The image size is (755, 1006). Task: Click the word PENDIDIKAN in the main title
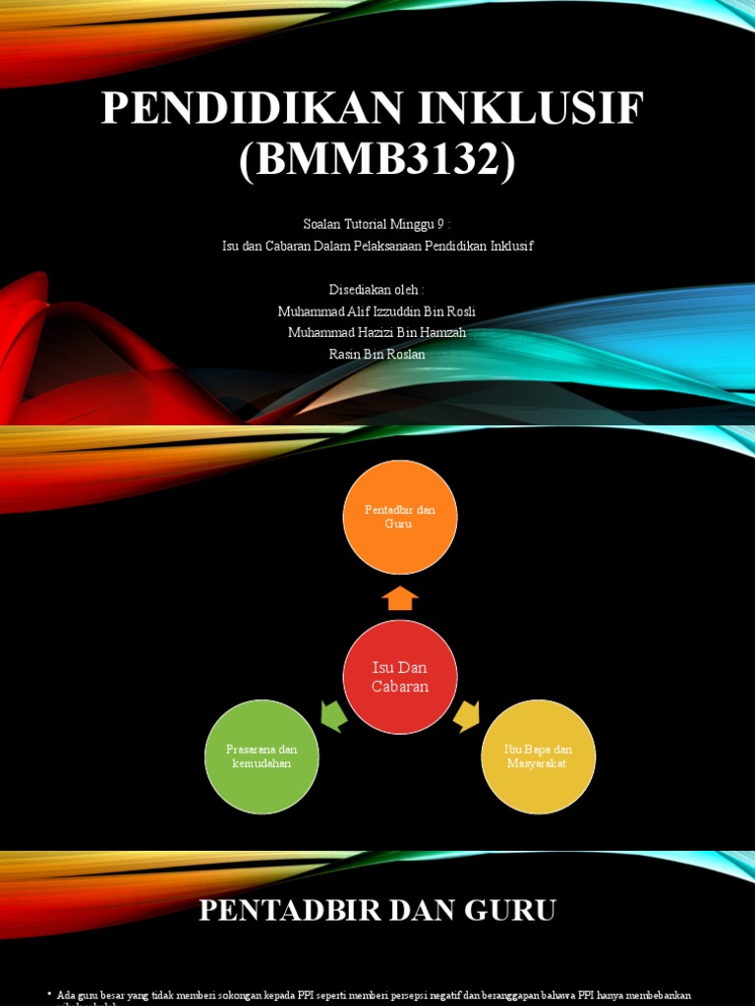[253, 108]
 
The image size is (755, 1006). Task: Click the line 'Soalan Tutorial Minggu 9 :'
[377, 224]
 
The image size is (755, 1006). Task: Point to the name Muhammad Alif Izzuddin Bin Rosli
[377, 311]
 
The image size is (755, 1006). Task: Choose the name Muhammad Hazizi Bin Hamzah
[377, 332]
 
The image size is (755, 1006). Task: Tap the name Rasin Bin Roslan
[377, 354]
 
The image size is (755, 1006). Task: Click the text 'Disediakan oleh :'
[377, 290]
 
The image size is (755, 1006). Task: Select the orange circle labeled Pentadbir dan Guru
[399, 517]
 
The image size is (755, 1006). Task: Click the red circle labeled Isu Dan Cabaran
[400, 677]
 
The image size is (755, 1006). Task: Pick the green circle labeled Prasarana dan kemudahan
[261, 756]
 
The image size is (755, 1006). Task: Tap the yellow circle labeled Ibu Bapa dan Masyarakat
[538, 756]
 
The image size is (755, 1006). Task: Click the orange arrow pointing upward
[400, 598]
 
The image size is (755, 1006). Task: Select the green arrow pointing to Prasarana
[334, 716]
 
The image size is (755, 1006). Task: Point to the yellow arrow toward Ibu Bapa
[466, 716]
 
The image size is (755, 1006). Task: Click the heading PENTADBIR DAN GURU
[377, 911]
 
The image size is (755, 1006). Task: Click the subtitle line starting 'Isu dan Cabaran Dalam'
[377, 246]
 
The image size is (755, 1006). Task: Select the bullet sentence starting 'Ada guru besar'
[374, 995]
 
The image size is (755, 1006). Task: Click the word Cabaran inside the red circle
[400, 686]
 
